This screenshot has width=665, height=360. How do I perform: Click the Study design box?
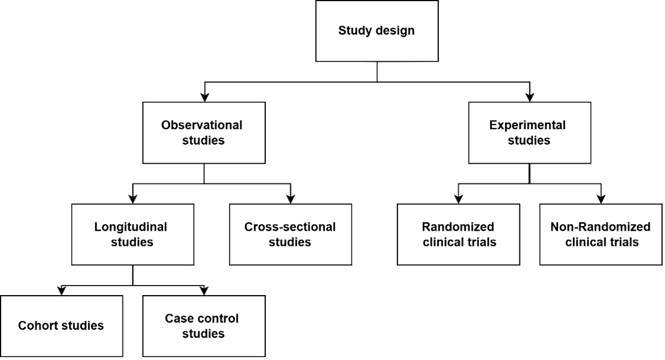tap(377, 31)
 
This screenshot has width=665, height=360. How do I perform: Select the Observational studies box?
tap(203, 133)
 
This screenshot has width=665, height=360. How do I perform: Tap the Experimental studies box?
tap(529, 133)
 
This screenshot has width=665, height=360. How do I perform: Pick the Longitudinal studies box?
tap(132, 234)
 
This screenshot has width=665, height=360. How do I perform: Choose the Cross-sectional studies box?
tap(290, 234)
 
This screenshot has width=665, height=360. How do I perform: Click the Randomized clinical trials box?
tap(458, 234)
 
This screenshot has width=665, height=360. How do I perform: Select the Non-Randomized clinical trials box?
tap(600, 234)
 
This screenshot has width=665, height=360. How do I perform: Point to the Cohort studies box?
tap(61, 325)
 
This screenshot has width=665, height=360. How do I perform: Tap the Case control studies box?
tap(203, 325)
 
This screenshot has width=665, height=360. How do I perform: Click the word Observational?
tap(202, 126)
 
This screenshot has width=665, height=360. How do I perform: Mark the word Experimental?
tap(527, 126)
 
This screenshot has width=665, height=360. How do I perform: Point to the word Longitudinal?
tap(130, 227)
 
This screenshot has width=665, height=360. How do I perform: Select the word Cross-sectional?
tap(290, 227)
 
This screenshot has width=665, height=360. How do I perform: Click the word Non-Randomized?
tap(600, 227)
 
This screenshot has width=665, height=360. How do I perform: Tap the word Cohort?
tap(37, 326)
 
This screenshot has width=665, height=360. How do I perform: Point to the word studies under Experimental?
tap(529, 141)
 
